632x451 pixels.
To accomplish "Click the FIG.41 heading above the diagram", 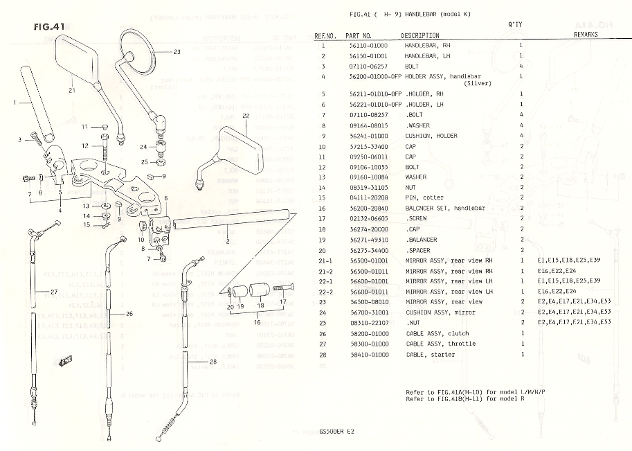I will point(49,27).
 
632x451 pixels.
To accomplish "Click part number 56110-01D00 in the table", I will point(368,45).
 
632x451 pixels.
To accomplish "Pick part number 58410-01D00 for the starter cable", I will point(368,354).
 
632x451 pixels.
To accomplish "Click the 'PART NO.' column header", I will point(359,35).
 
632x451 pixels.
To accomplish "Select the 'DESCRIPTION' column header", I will point(419,35).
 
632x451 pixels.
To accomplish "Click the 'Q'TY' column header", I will point(514,24).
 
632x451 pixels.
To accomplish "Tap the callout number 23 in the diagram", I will point(177,52).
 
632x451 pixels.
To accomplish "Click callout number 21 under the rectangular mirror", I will point(71,89).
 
